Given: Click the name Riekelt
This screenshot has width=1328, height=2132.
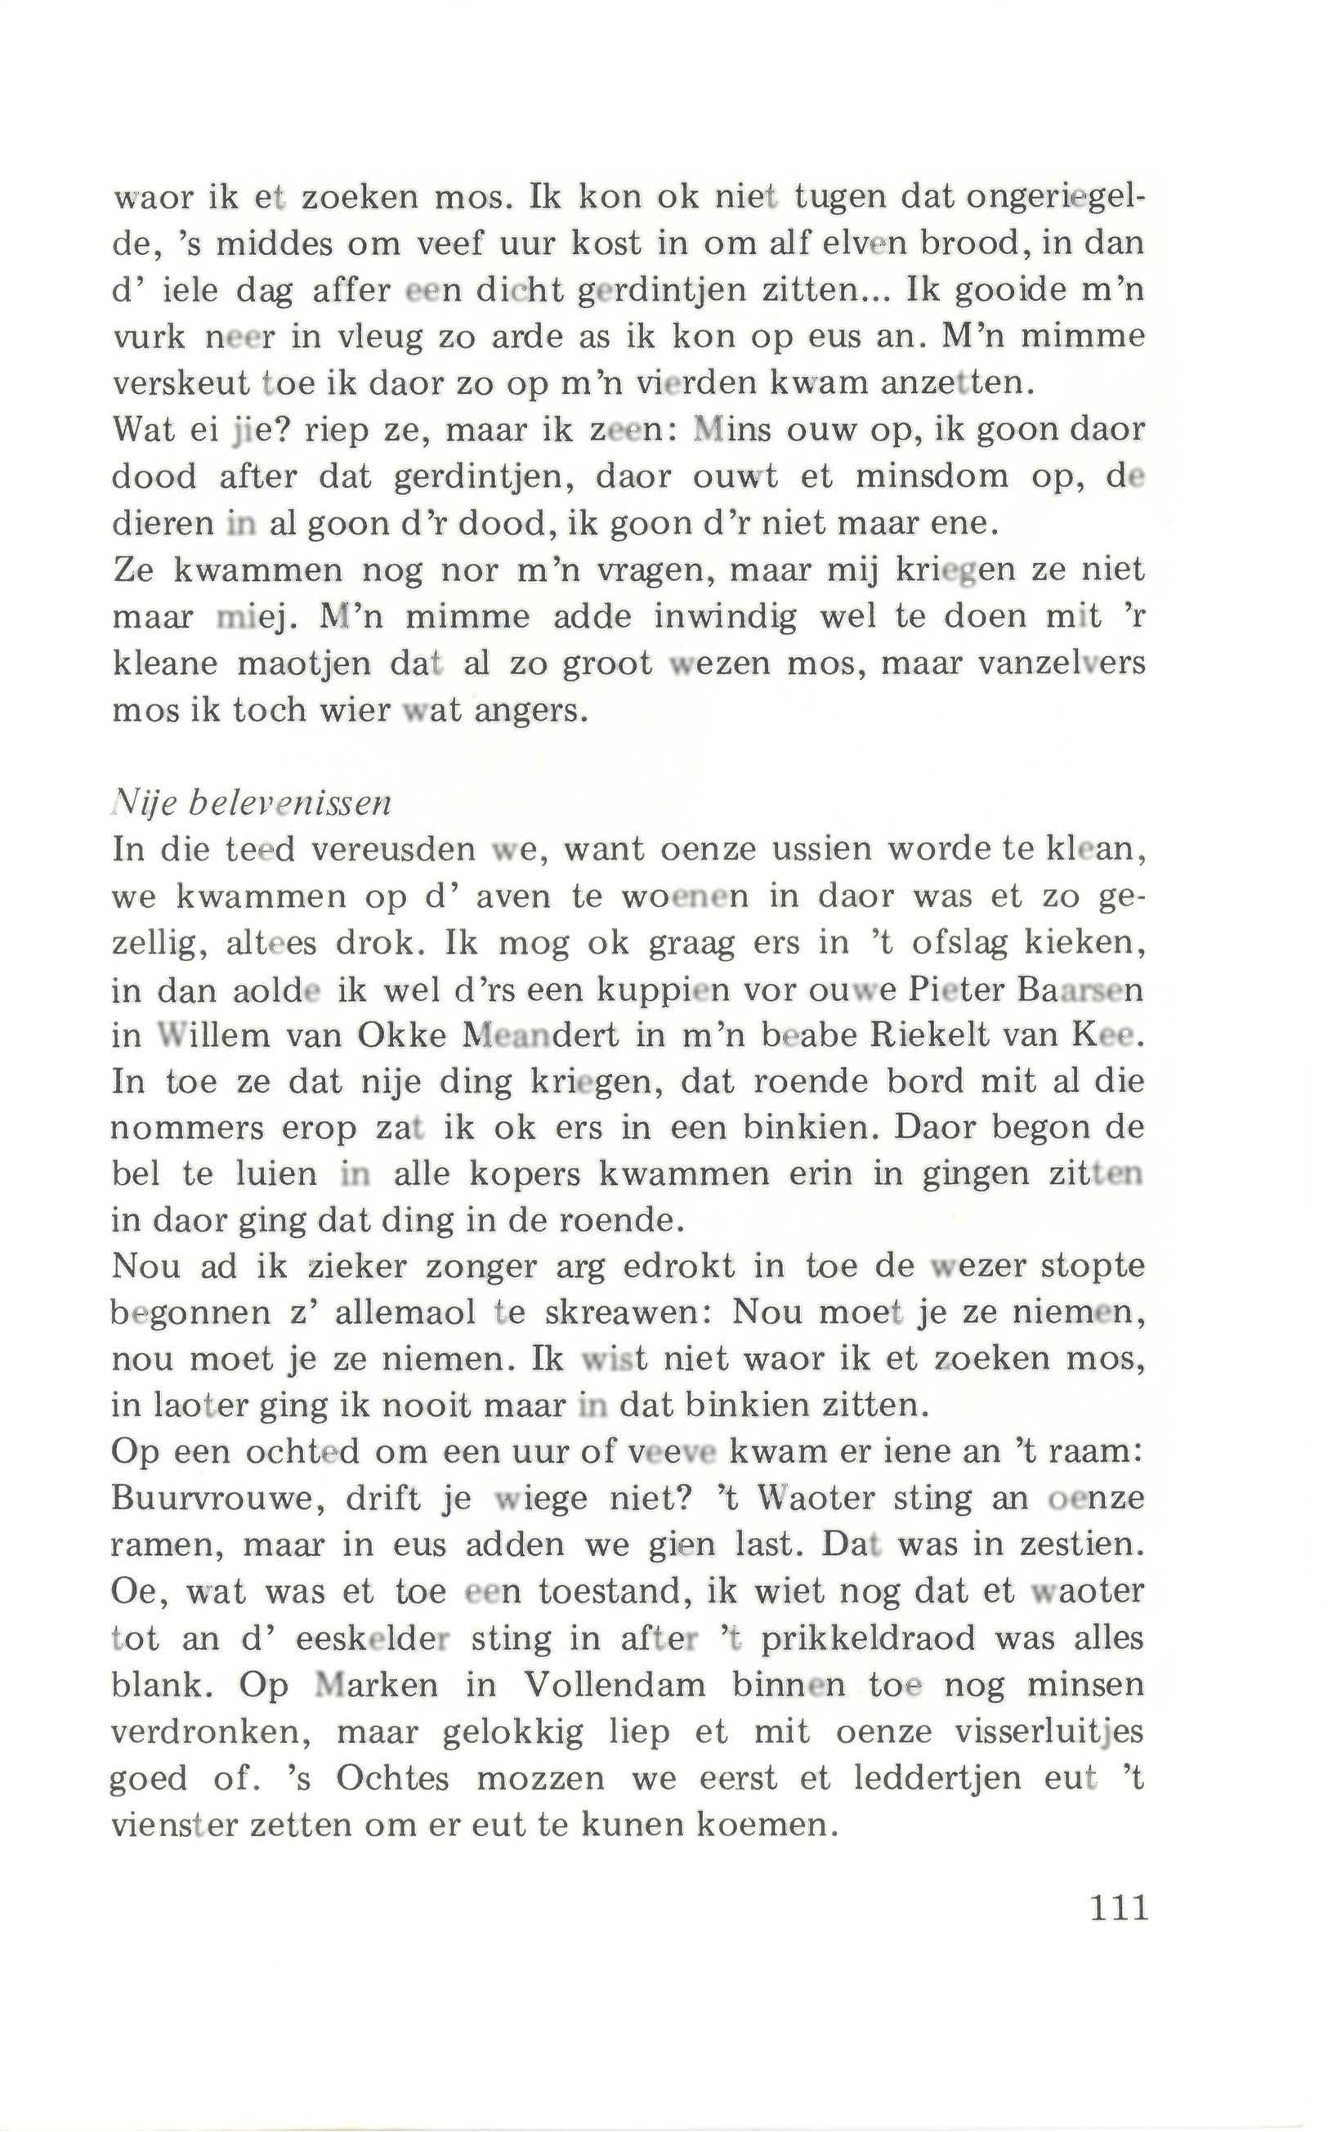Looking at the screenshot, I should [931, 1035].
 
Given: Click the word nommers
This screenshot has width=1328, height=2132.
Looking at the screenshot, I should [186, 1128].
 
